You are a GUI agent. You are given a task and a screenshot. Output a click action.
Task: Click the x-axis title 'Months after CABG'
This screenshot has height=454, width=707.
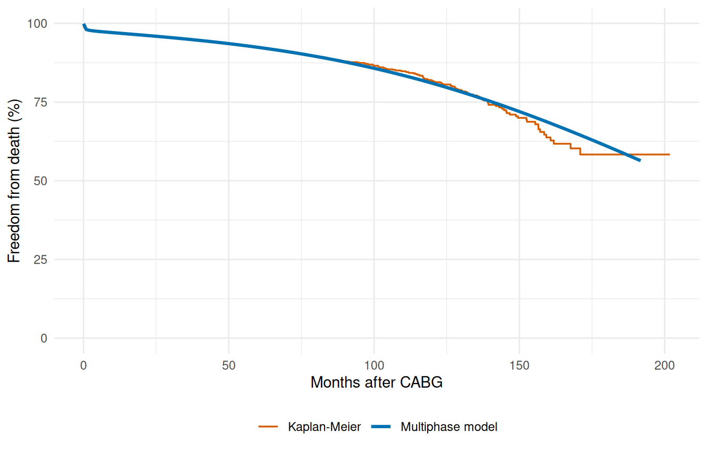[376, 383]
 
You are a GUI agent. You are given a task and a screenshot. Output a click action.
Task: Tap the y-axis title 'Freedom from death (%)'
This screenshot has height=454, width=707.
[14, 181]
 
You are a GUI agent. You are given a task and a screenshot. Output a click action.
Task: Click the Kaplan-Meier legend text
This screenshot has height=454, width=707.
[324, 427]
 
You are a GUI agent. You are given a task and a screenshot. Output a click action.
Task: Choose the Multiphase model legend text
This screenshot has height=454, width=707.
[449, 427]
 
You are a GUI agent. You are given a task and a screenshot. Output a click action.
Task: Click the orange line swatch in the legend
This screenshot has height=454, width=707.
[268, 427]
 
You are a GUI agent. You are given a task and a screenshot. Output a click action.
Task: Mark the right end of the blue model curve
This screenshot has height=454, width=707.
[640, 160]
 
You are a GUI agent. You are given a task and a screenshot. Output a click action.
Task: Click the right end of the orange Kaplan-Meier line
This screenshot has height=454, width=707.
[669, 154]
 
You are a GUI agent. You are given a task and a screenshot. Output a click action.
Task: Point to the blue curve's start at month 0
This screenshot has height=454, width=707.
[84, 24]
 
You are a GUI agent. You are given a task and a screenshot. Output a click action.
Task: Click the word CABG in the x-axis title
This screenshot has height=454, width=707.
[422, 383]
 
